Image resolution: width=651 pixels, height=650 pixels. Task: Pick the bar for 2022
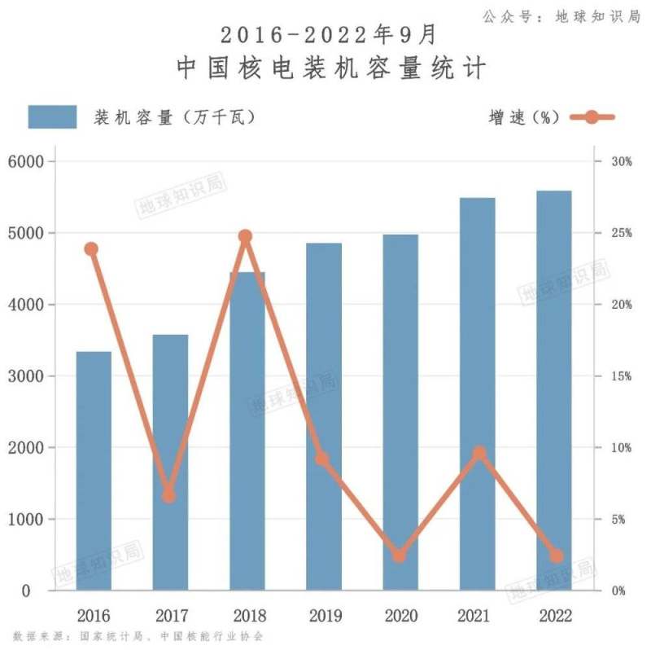554,390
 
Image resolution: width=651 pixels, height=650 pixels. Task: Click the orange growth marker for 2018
246,237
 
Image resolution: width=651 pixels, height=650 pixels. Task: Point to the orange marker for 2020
399,556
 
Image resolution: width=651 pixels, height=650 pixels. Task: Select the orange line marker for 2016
92,249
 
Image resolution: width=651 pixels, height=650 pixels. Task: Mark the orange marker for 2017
169,494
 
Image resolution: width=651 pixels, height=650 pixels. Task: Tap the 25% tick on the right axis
622,233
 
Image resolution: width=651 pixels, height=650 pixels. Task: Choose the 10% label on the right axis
622,448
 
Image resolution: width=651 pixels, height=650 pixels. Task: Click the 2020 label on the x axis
400,615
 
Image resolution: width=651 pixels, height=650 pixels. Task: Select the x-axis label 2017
169,615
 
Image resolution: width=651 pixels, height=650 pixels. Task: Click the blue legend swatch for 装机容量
52,116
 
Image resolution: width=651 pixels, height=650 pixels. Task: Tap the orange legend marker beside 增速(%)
592,116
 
